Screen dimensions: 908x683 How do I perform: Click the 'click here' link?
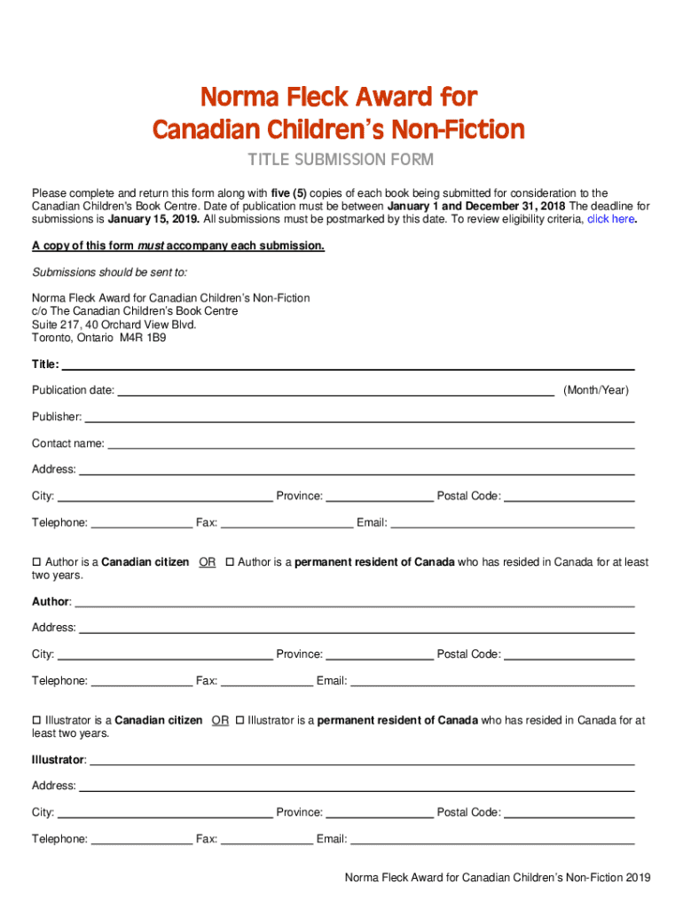[x=610, y=219]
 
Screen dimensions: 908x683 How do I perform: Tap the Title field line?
[x=348, y=366]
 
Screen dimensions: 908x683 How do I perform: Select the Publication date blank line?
[x=336, y=392]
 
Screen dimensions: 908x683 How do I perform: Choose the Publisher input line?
[x=359, y=419]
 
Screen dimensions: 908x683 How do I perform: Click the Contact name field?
[x=371, y=445]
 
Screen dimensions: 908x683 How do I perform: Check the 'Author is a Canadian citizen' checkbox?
[x=37, y=563]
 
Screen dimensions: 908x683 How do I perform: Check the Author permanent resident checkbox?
[x=230, y=563]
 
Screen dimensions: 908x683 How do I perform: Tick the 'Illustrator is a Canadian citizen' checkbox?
[x=37, y=721]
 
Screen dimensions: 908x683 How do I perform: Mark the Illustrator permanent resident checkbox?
[x=239, y=721]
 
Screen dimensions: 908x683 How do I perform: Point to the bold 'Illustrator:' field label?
[x=59, y=760]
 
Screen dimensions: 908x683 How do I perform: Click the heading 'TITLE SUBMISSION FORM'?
[x=340, y=160]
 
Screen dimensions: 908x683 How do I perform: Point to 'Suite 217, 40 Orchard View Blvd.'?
[x=114, y=325]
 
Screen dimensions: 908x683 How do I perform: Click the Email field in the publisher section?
[x=513, y=524]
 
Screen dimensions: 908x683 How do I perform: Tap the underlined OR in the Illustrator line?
[x=221, y=721]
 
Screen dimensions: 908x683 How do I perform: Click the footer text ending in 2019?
[x=498, y=878]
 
